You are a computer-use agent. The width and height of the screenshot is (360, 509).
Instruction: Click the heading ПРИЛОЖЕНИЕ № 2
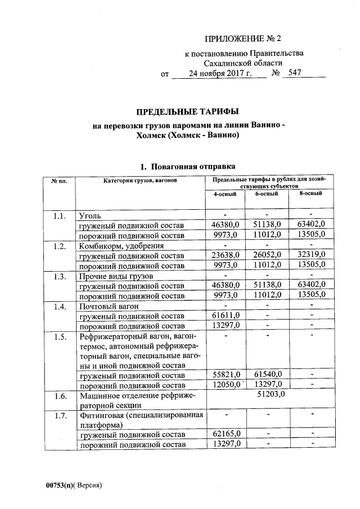pyautogui.click(x=242, y=39)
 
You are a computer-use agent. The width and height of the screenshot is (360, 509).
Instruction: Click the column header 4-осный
pyautogui.click(x=224, y=194)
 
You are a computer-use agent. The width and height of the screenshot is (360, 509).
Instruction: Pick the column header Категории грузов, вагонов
pyautogui.click(x=140, y=180)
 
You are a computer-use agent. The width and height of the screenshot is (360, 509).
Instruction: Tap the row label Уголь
pyautogui.click(x=91, y=215)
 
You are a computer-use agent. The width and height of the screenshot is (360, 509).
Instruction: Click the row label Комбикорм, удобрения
pyautogui.click(x=121, y=246)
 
